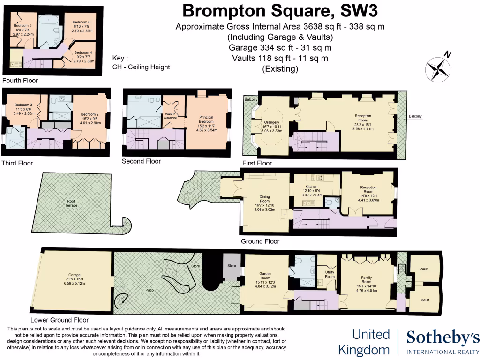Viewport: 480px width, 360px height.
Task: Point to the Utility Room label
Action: tap(330, 274)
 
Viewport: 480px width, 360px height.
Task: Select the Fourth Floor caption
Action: tap(20, 81)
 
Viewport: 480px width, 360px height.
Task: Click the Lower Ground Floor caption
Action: tap(59, 321)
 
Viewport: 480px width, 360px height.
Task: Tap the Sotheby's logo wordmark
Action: tap(442, 337)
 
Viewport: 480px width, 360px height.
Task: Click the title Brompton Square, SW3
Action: tap(280, 10)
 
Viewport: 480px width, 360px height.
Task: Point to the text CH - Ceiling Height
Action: tap(141, 67)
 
